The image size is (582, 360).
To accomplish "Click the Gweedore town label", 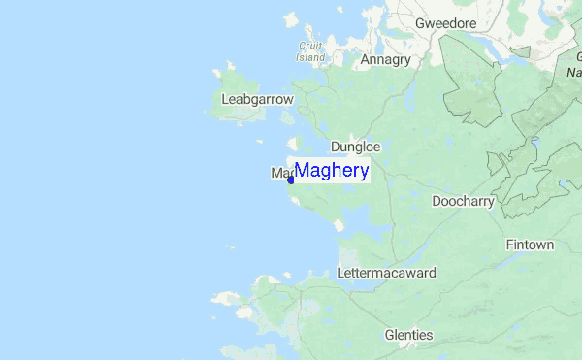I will click(x=447, y=22).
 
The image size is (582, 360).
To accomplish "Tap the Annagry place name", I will click(x=386, y=59).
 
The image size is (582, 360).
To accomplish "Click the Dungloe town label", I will click(x=355, y=147).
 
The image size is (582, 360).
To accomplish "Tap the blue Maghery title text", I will click(x=331, y=172).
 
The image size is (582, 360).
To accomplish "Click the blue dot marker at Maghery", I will click(x=291, y=180).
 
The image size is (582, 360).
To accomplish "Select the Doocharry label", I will click(x=463, y=201).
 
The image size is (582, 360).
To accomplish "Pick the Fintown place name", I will click(x=530, y=245).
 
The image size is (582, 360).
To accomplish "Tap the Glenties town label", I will click(x=408, y=335).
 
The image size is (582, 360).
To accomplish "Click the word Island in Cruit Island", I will click(x=310, y=57).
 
